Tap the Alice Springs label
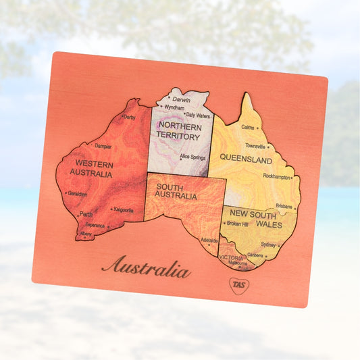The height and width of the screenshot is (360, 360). pos(193,157)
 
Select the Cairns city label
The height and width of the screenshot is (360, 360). pos(248,127)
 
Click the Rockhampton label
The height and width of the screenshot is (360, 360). pos(277,176)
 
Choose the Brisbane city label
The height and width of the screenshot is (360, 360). pos(284,206)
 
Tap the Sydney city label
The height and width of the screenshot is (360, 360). pos(268,245)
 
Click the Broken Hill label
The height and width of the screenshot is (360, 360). pos(238,224)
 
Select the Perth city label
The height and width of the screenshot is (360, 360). pos(86,214)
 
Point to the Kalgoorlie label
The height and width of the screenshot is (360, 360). pos(123,210)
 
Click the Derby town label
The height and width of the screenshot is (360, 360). pos(129,118)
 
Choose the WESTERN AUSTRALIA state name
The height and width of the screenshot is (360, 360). pos(94,168)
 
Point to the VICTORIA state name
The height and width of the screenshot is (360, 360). pos(231,257)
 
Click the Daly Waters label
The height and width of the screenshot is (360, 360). pos(199,115)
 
